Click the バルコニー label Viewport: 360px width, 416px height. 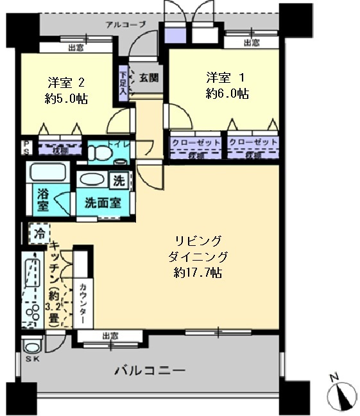150,370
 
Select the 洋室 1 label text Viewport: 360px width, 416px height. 227,78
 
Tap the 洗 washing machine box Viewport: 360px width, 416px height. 119,180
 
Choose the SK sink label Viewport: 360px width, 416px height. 32,358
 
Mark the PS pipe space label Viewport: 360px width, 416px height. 26,147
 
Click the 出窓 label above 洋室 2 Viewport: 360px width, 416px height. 76,47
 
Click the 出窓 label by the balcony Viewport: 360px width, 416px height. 110,336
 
